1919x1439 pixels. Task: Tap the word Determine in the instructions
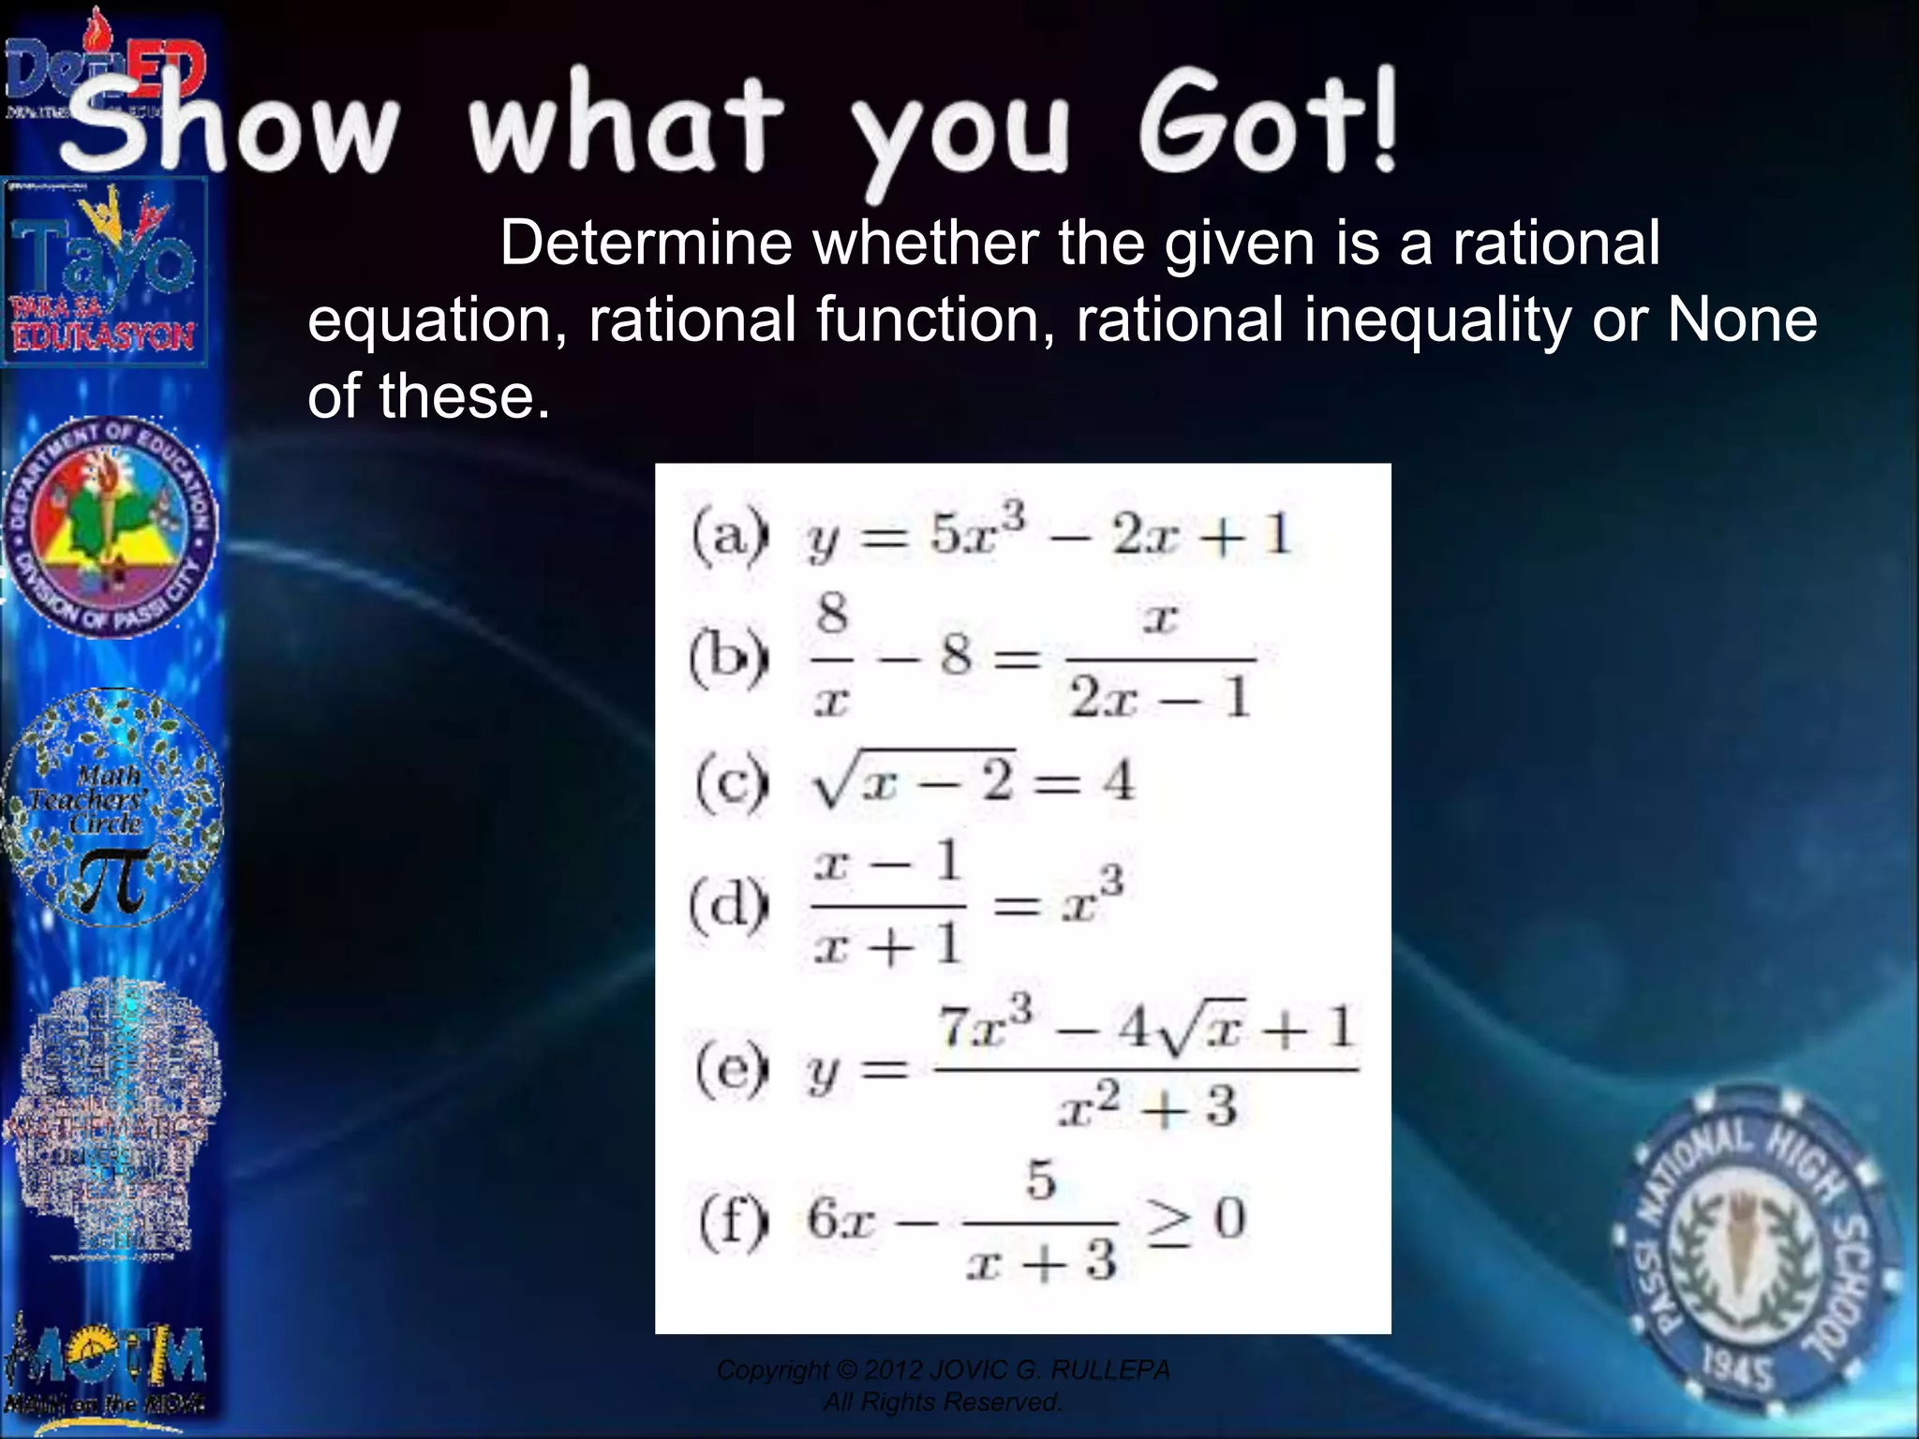pos(646,244)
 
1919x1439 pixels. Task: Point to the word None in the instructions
pos(1742,320)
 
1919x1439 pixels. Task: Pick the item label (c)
pos(732,782)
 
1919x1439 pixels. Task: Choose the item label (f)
pos(734,1221)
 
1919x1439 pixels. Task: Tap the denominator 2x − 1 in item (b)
pos(1159,698)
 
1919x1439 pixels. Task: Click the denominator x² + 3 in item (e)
pos(1147,1107)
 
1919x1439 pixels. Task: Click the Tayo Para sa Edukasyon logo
pos(103,272)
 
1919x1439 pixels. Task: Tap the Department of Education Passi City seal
pos(111,527)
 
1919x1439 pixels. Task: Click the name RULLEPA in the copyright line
pos(1109,1371)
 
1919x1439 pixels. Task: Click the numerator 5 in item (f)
pos(1040,1180)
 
